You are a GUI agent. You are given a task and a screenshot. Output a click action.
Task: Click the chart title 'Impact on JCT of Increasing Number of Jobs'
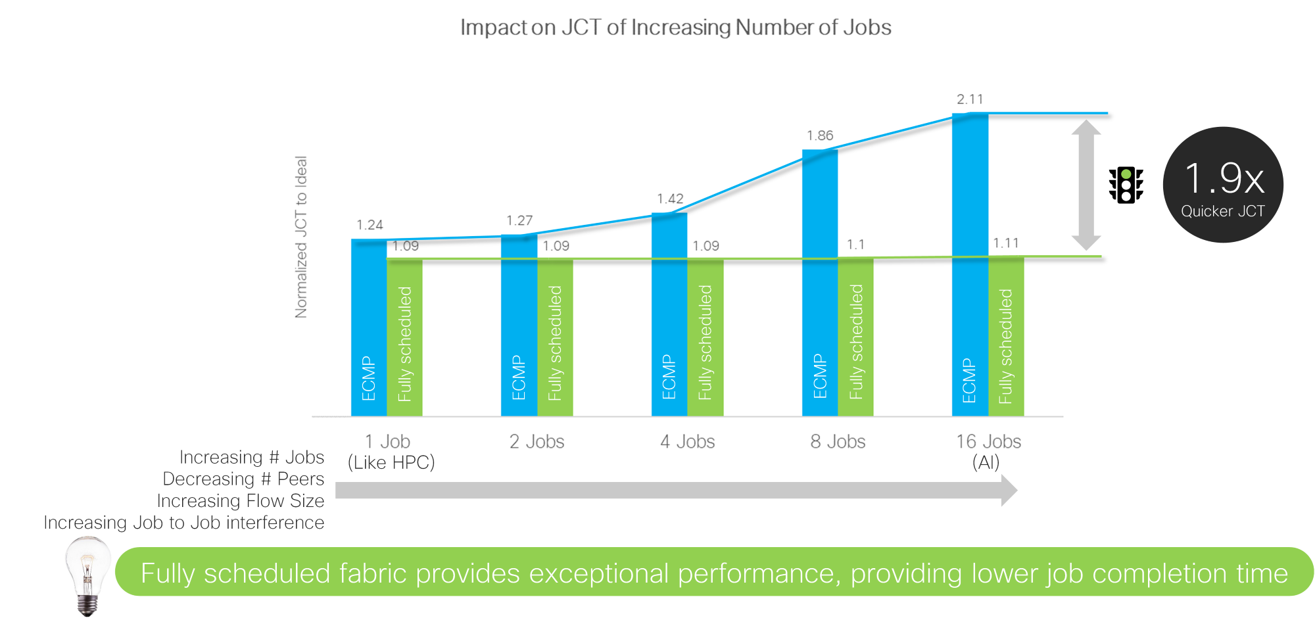coord(675,28)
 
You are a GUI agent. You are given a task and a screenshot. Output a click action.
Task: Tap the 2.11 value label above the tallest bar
coord(970,99)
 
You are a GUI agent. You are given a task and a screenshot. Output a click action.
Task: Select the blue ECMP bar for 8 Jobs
coord(820,283)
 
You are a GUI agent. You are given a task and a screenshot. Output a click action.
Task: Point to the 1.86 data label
coord(820,135)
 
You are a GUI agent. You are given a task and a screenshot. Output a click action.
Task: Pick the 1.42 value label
coord(670,199)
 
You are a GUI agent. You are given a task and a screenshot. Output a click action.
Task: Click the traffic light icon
coord(1126,185)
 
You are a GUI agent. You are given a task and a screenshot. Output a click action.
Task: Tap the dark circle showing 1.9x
coord(1223,185)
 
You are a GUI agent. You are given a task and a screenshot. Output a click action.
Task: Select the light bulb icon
coord(87,575)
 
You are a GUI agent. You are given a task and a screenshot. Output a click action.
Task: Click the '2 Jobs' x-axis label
coord(537,441)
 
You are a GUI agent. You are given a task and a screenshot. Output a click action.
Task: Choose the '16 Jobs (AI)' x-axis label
coord(988,451)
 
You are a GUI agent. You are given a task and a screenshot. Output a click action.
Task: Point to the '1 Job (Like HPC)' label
coord(391,451)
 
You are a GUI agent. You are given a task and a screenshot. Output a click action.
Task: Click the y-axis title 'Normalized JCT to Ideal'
coord(301,237)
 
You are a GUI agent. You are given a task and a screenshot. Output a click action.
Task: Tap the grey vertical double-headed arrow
coord(1086,185)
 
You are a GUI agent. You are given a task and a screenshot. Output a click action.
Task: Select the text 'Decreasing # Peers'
coord(243,479)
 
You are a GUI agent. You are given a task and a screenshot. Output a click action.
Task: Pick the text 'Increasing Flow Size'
coord(240,500)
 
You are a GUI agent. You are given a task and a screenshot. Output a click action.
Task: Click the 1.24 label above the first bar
coord(370,225)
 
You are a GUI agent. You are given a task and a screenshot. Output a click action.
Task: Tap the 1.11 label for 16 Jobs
coord(1006,243)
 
